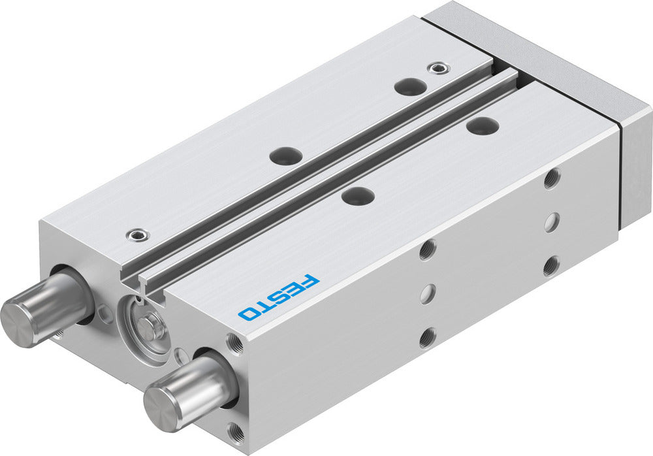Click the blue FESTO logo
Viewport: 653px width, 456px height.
[x=279, y=297]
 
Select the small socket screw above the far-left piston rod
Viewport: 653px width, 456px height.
[x=136, y=233]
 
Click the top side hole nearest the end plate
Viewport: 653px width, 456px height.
[x=552, y=178]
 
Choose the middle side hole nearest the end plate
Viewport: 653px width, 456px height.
[x=552, y=222]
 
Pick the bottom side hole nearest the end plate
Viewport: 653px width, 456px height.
[x=551, y=266]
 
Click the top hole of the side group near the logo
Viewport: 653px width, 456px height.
[x=428, y=250]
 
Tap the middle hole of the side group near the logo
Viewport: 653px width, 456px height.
[x=427, y=294]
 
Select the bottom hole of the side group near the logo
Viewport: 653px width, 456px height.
[x=426, y=338]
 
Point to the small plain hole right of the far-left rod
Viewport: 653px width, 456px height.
[x=104, y=316]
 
